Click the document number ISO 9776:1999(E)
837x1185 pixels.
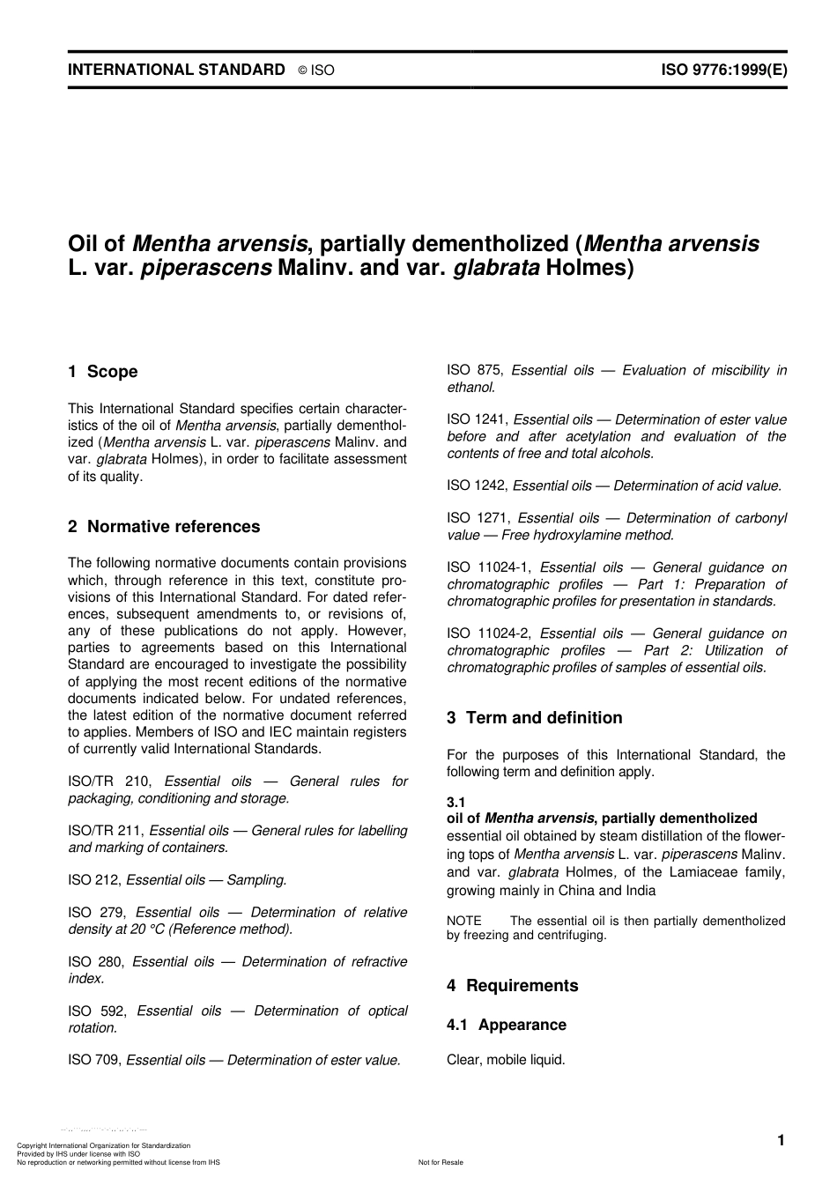click(x=723, y=70)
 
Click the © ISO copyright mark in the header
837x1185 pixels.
click(x=316, y=70)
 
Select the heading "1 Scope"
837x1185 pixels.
click(x=103, y=372)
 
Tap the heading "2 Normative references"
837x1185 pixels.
click(x=164, y=527)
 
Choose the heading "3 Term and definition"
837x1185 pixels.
click(x=534, y=718)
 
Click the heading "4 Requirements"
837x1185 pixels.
click(x=513, y=986)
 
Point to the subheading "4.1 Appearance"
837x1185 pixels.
click(x=507, y=1025)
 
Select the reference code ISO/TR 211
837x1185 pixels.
click(x=107, y=831)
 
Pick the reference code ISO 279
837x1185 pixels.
click(x=96, y=913)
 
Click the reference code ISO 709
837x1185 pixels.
click(x=95, y=1061)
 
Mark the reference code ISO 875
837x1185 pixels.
click(x=475, y=371)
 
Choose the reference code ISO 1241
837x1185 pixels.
click(x=478, y=420)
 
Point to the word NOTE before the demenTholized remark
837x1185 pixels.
click(x=464, y=921)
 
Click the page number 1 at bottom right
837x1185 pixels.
click(x=781, y=1141)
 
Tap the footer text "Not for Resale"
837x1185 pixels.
click(x=441, y=1162)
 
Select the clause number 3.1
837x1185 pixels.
click(x=456, y=802)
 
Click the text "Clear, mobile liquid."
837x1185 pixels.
click(x=506, y=1060)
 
